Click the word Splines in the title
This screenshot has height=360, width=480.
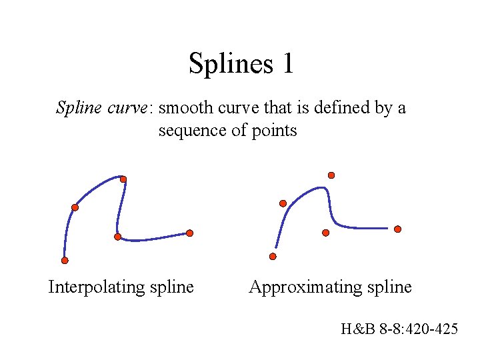tap(227, 64)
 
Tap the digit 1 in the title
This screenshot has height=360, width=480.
tap(288, 64)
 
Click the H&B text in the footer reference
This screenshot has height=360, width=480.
tap(355, 328)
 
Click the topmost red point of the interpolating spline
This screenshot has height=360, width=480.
tap(123, 179)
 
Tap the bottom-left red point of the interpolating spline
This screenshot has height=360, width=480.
tap(65, 260)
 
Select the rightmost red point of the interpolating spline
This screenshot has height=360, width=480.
tap(190, 233)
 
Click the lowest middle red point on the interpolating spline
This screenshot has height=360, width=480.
tap(117, 237)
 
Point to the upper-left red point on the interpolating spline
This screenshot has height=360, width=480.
tap(75, 207)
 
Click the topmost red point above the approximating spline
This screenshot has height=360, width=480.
tap(331, 175)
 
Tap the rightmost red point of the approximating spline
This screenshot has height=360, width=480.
tap(398, 229)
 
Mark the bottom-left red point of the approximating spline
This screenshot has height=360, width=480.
tap(273, 256)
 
